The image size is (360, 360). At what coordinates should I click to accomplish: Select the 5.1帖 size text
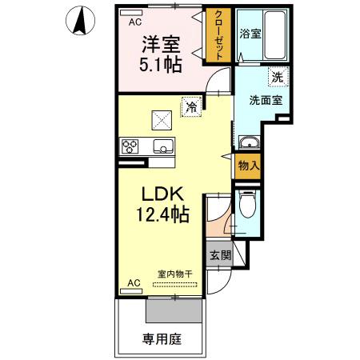[160, 66]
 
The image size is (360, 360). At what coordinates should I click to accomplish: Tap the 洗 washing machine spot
[276, 78]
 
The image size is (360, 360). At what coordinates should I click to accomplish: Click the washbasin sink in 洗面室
[250, 143]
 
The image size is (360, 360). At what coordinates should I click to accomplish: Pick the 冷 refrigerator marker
[191, 105]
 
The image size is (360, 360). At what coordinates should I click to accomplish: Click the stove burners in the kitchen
[130, 146]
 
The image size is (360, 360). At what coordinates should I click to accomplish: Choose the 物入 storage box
[248, 166]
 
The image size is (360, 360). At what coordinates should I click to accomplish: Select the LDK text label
[164, 195]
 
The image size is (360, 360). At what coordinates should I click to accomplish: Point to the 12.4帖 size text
[164, 214]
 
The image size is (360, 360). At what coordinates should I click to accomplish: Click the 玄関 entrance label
[221, 256]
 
